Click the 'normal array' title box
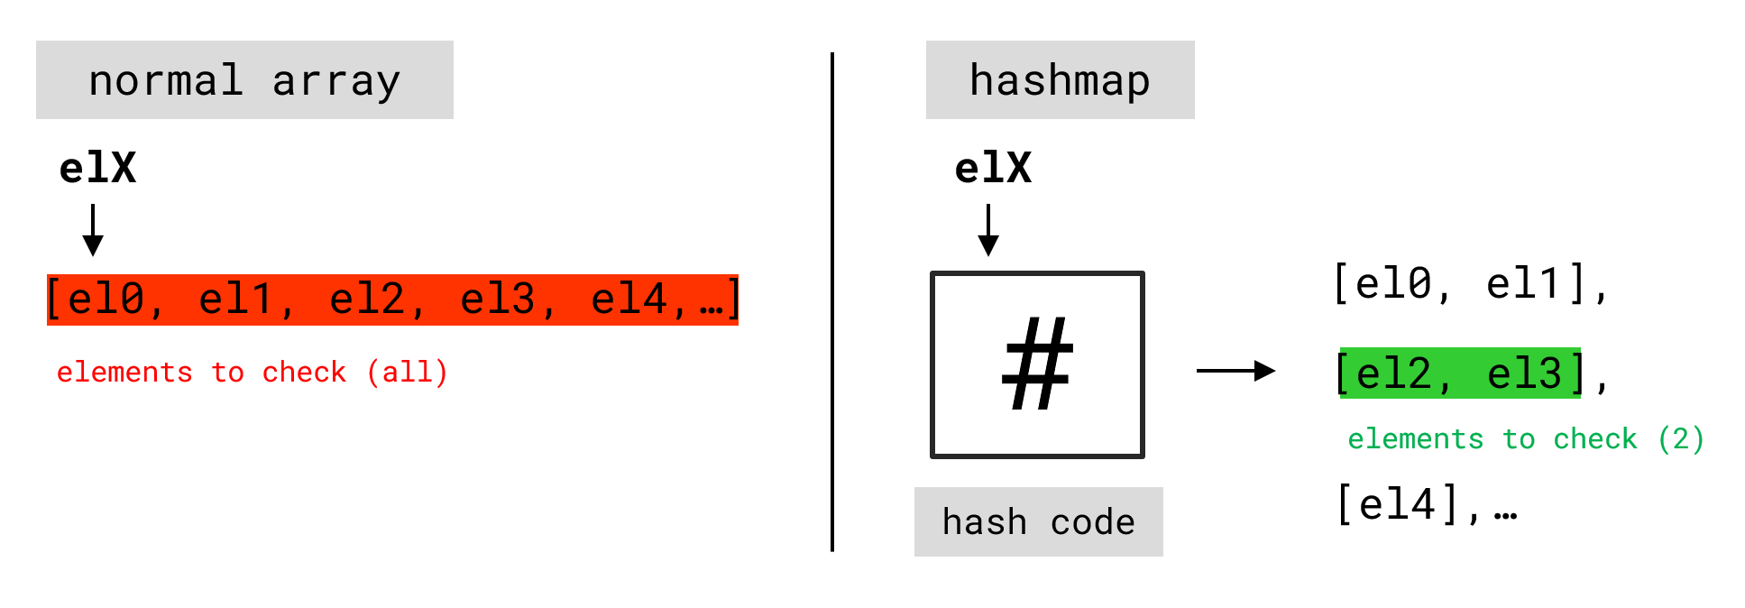click(x=244, y=80)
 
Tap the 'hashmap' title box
click(x=1060, y=80)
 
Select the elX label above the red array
click(x=97, y=169)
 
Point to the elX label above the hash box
click(x=993, y=169)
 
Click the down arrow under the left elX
click(x=93, y=230)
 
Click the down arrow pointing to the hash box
click(x=988, y=230)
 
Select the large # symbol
click(x=1037, y=364)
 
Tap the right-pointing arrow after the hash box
click(x=1235, y=371)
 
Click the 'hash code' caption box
click(x=1038, y=522)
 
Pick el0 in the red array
click(x=106, y=299)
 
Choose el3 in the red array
click(x=498, y=299)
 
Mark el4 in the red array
click(x=629, y=299)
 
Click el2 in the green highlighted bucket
click(x=1394, y=373)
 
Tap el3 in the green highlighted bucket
click(x=1524, y=373)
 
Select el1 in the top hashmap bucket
click(x=1524, y=284)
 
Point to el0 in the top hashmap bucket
click(x=1394, y=284)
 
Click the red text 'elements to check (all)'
click(x=252, y=373)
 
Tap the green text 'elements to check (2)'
click(x=1525, y=439)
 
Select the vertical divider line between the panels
click(x=832, y=302)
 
